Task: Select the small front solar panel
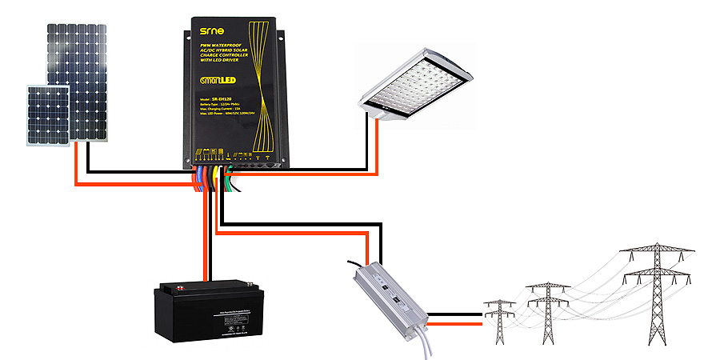click(47, 114)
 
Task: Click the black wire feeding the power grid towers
click(456, 314)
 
